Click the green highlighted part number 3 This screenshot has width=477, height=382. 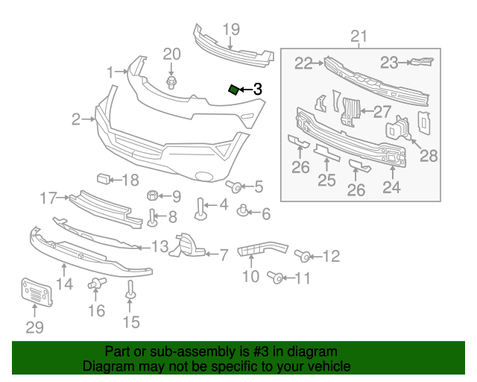point(233,90)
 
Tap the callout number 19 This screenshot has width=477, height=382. point(231,30)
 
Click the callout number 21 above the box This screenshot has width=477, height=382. point(359,37)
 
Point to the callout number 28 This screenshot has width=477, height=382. point(429,156)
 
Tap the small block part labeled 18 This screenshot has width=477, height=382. point(104,178)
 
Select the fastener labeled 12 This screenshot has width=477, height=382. point(304,256)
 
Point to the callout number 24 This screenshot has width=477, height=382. point(391,187)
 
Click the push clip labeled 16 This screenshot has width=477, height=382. point(95,284)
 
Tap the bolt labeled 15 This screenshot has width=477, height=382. point(130,290)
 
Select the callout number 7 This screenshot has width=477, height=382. point(223,255)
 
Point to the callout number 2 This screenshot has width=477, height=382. point(76,119)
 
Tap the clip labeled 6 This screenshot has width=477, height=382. point(243,212)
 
